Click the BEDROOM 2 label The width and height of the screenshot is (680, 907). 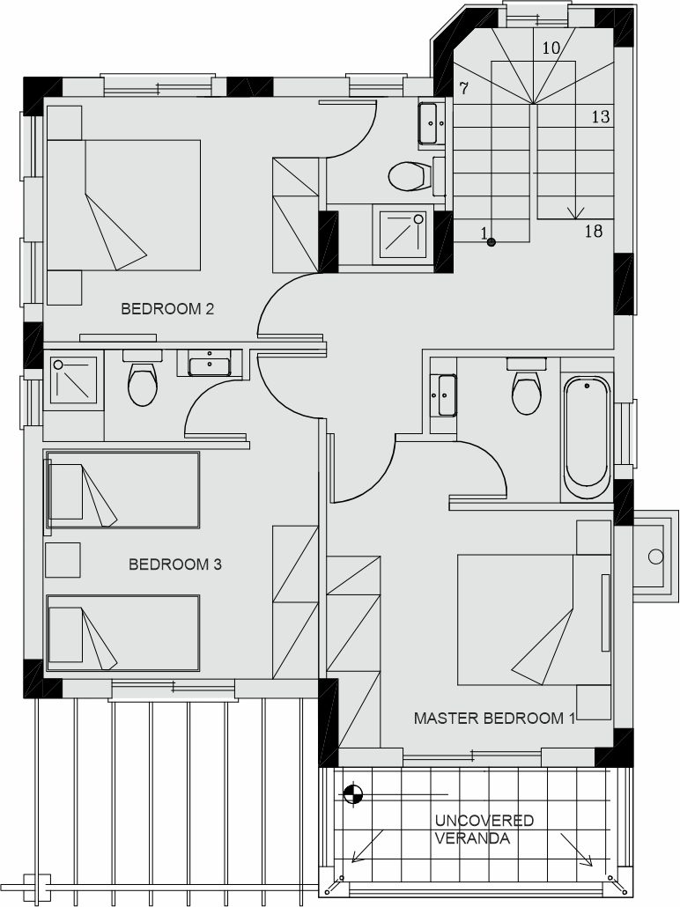pyautogui.click(x=167, y=309)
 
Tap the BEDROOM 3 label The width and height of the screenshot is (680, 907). pyautogui.click(x=174, y=564)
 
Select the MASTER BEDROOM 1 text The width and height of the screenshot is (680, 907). pyautogui.click(x=494, y=719)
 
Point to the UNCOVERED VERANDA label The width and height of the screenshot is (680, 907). pyautogui.click(x=484, y=829)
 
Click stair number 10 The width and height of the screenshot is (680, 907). pyautogui.click(x=551, y=48)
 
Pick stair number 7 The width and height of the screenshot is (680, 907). pyautogui.click(x=463, y=89)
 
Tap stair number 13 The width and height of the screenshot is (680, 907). pyautogui.click(x=601, y=117)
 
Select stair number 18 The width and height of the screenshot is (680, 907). pyautogui.click(x=594, y=232)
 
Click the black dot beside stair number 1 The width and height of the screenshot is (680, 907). pyautogui.click(x=492, y=242)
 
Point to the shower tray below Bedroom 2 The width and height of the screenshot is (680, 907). pyautogui.click(x=73, y=380)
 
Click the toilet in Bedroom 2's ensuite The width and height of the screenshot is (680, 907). pyautogui.click(x=142, y=379)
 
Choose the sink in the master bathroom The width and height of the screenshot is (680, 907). pyautogui.click(x=444, y=395)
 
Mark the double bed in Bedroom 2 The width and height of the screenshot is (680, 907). pyautogui.click(x=124, y=205)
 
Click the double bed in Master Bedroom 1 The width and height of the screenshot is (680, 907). pyautogui.click(x=534, y=620)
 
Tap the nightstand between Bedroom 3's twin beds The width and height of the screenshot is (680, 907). pyautogui.click(x=63, y=560)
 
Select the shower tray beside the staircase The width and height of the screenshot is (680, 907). pyautogui.click(x=403, y=237)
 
